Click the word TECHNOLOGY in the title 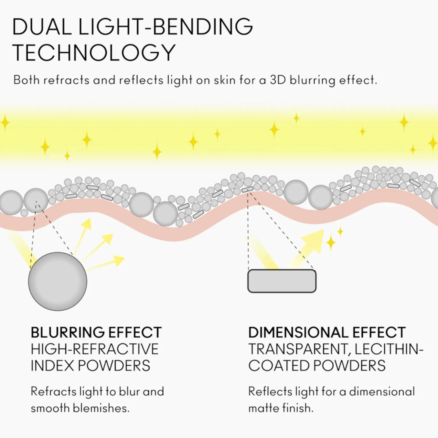(x=94, y=52)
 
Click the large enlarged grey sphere (x=58, y=281)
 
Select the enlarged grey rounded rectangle (x=282, y=281)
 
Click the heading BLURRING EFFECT (x=96, y=332)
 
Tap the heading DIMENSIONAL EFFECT (x=327, y=332)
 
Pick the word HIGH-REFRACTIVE (x=95, y=349)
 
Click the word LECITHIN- (x=389, y=349)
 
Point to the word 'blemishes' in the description (x=101, y=408)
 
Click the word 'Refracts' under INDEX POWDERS (x=53, y=391)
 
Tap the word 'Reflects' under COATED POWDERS (x=270, y=391)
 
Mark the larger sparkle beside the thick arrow (x=331, y=242)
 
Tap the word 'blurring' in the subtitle (x=312, y=81)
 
